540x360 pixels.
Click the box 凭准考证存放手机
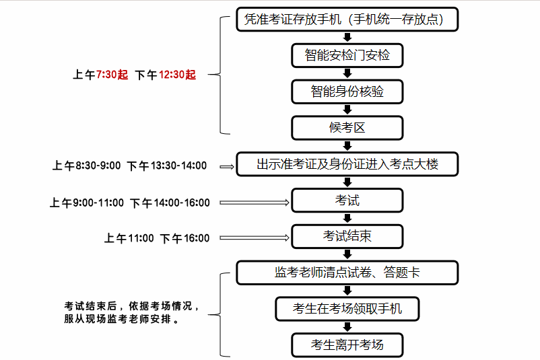[347, 20]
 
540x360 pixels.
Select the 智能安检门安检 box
[347, 55]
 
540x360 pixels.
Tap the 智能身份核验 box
[347, 91]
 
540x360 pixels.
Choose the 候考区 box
[347, 127]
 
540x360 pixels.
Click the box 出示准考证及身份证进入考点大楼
[347, 164]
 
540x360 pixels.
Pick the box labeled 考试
[347, 200]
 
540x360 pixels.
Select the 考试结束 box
[347, 236]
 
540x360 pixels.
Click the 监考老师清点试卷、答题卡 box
[347, 273]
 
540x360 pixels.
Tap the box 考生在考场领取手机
[347, 309]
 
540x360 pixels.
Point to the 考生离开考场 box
[347, 345]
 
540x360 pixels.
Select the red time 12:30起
[177, 75]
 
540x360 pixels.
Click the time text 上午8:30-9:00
[87, 166]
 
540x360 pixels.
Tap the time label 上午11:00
[129, 238]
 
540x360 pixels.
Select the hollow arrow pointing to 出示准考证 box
[226, 165]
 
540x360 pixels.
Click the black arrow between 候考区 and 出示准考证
[347, 145]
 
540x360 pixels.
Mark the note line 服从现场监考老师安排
[121, 320]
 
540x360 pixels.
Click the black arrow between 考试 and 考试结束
[347, 218]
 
